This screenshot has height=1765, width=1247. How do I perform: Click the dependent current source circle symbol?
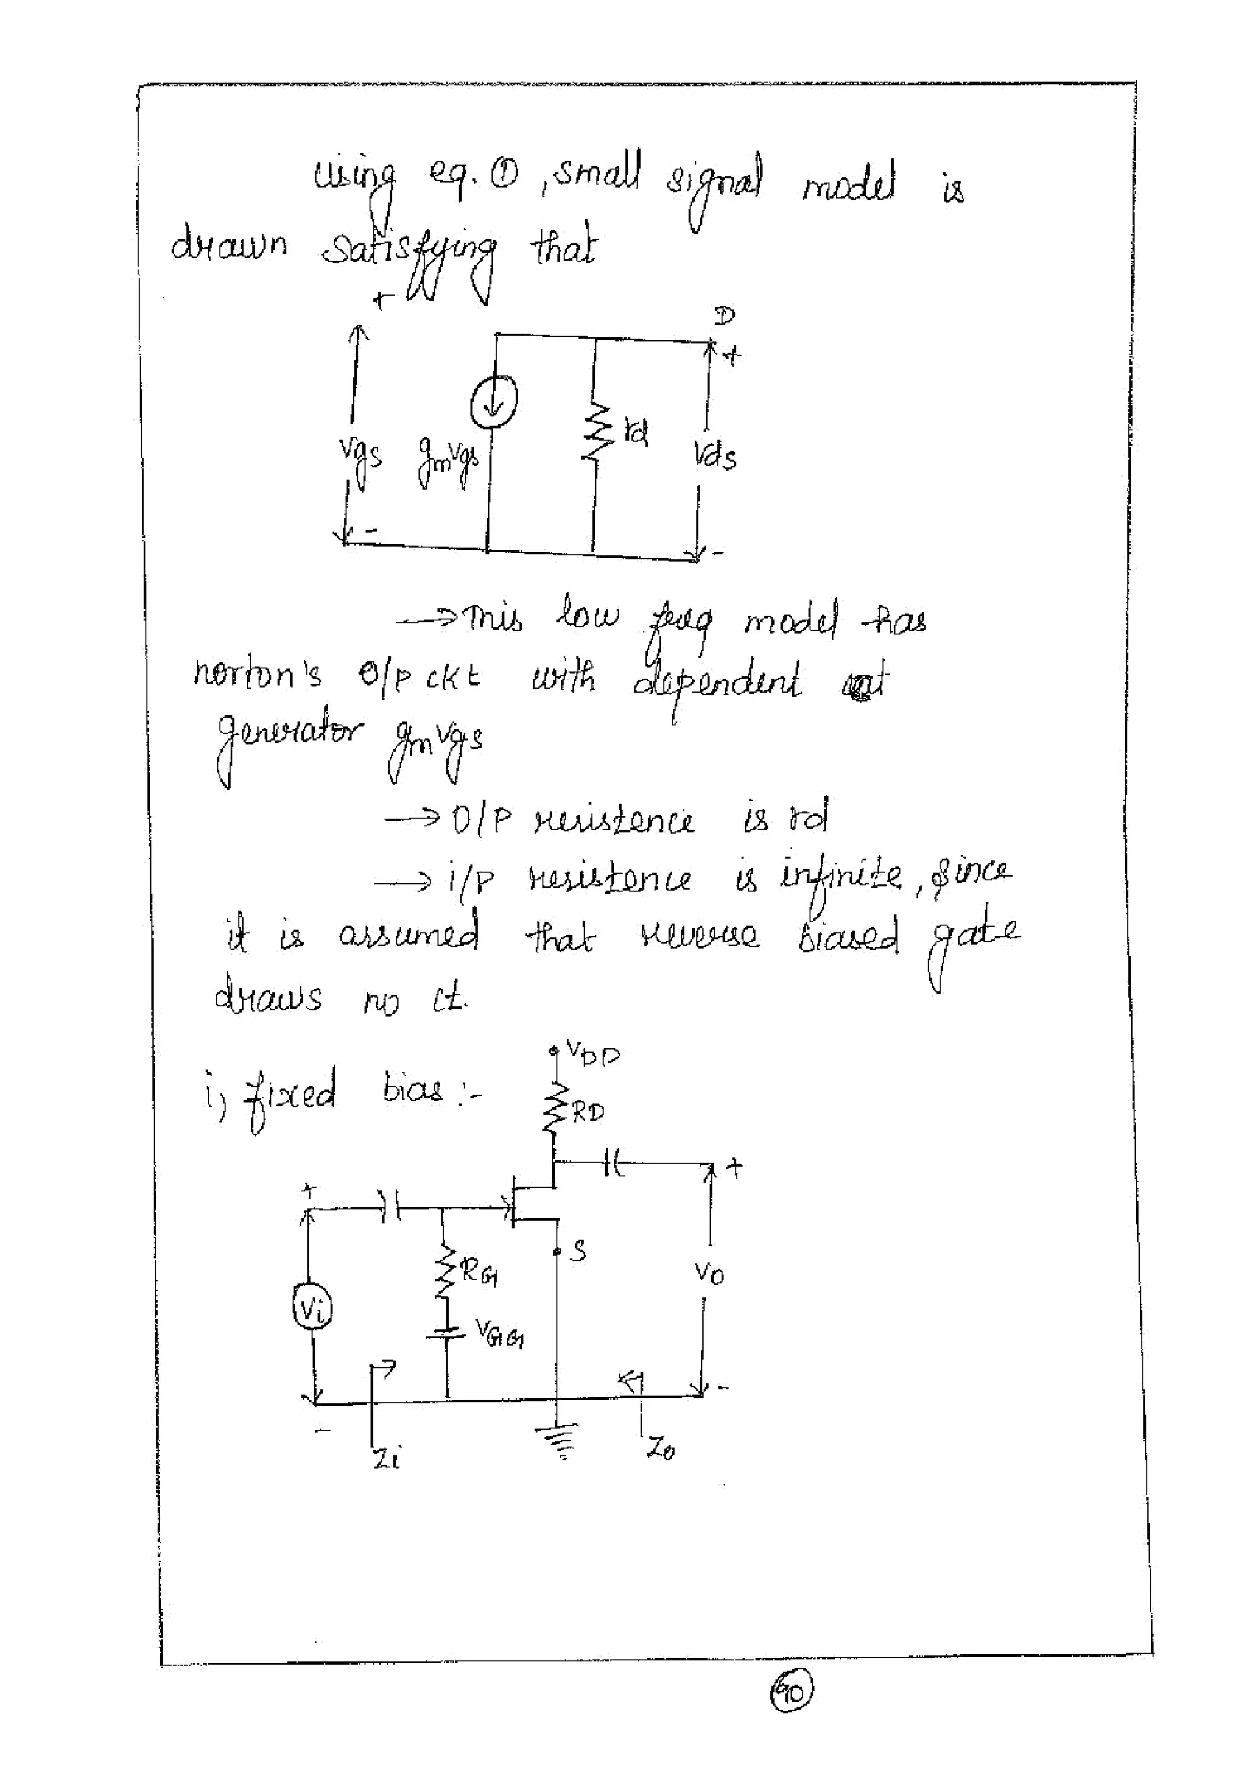(x=494, y=401)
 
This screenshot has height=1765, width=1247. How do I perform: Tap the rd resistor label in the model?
(x=636, y=433)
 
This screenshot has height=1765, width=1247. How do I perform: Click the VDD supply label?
(x=592, y=1053)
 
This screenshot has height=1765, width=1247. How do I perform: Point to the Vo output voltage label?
(x=709, y=1274)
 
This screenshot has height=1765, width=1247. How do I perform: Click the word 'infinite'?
(x=841, y=875)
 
